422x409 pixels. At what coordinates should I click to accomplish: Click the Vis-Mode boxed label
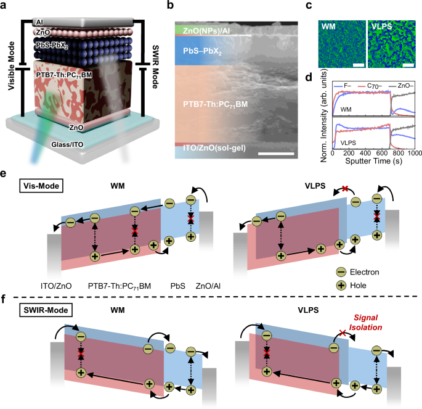click(41, 186)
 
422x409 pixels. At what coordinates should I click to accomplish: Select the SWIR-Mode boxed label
click(46, 310)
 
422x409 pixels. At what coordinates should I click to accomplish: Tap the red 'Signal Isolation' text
click(366, 322)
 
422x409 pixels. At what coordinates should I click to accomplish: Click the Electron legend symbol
click(341, 272)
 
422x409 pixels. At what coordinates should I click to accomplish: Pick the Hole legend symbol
click(341, 286)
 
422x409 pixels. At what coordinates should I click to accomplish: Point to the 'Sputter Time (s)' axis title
click(373, 161)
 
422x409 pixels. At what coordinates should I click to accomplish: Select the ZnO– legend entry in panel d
click(401, 86)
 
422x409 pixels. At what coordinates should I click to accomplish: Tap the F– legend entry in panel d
click(343, 86)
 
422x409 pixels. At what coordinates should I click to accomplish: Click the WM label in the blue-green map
click(328, 27)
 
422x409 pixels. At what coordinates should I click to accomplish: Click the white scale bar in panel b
click(276, 154)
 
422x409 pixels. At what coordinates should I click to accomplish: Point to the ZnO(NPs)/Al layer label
click(206, 31)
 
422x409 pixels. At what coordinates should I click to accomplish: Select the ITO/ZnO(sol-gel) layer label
click(214, 148)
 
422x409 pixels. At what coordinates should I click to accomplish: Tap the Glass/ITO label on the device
click(67, 145)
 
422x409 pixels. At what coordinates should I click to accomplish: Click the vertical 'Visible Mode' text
click(11, 66)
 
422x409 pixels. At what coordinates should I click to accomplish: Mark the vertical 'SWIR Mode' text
click(155, 67)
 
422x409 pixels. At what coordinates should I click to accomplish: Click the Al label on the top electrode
click(39, 22)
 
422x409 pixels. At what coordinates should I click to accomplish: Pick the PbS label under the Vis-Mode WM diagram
click(178, 286)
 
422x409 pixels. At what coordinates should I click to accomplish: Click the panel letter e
click(3, 173)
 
